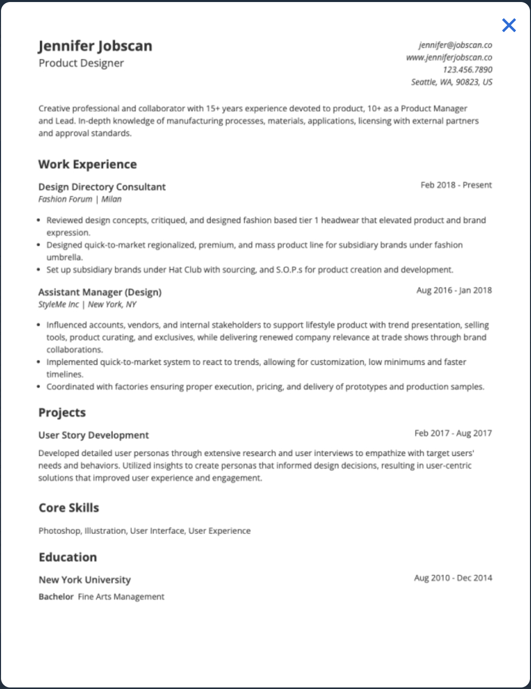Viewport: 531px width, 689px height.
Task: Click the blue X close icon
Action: pyautogui.click(x=509, y=25)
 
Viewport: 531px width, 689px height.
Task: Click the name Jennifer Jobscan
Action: pyautogui.click(x=95, y=46)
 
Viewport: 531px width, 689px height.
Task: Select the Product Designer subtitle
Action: pyautogui.click(x=81, y=63)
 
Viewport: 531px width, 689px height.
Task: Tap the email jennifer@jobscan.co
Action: pyautogui.click(x=455, y=45)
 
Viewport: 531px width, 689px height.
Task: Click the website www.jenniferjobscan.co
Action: pyautogui.click(x=449, y=58)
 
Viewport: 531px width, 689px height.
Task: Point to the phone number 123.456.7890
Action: pyautogui.click(x=467, y=70)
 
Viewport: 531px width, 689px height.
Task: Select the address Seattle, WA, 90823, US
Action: pyautogui.click(x=451, y=82)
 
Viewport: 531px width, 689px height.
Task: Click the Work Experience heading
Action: pyautogui.click(x=87, y=164)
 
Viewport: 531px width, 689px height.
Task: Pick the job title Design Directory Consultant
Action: pyautogui.click(x=102, y=187)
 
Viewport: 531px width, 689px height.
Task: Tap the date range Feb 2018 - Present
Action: pyautogui.click(x=456, y=185)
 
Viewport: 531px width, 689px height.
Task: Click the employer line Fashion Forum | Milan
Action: pyautogui.click(x=80, y=199)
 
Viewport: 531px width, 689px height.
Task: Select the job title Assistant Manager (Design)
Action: pyautogui.click(x=100, y=292)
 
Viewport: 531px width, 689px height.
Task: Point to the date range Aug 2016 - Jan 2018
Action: pyautogui.click(x=454, y=291)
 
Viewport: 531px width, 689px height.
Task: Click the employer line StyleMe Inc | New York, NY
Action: pyautogui.click(x=87, y=304)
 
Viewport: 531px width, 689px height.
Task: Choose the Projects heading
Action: pyautogui.click(x=62, y=413)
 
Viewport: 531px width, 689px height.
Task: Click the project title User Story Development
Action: pyautogui.click(x=94, y=435)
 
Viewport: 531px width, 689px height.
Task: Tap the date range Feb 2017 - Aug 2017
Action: pyautogui.click(x=453, y=434)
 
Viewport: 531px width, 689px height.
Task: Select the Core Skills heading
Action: pyautogui.click(x=69, y=508)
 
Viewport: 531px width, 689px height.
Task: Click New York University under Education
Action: pyautogui.click(x=84, y=580)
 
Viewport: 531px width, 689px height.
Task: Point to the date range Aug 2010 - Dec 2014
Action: pyautogui.click(x=453, y=578)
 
